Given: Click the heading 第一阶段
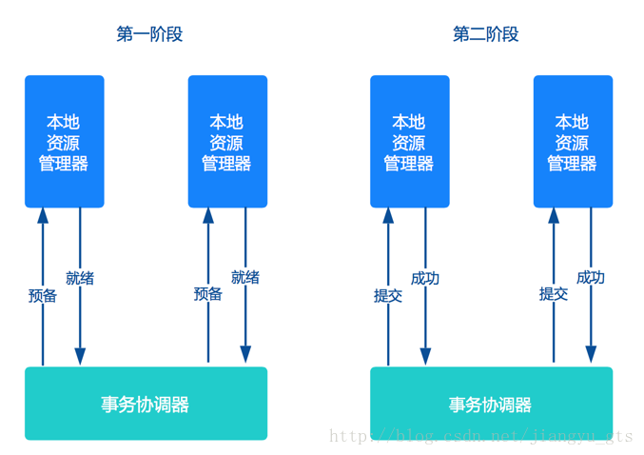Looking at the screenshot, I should tap(149, 34).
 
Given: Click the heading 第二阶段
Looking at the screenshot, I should tap(485, 34).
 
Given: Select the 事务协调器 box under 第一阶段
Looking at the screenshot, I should tap(146, 404).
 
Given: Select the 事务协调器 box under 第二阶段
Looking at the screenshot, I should tap(491, 404).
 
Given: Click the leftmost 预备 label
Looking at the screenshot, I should tap(43, 295).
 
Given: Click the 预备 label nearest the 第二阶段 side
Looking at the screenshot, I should tap(208, 294).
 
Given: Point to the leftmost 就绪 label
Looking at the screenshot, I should tap(80, 278).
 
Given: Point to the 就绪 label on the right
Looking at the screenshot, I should tap(245, 277).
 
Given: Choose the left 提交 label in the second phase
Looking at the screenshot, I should tap(388, 295).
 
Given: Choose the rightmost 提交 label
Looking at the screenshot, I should tap(554, 294).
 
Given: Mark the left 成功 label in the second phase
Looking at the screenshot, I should tap(425, 278).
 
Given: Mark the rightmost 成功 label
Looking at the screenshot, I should tap(591, 277).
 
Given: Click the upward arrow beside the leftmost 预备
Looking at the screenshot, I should tap(43, 247).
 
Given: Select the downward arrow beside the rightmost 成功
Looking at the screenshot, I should tap(591, 324).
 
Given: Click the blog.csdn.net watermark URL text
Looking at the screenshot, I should tap(480, 436).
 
